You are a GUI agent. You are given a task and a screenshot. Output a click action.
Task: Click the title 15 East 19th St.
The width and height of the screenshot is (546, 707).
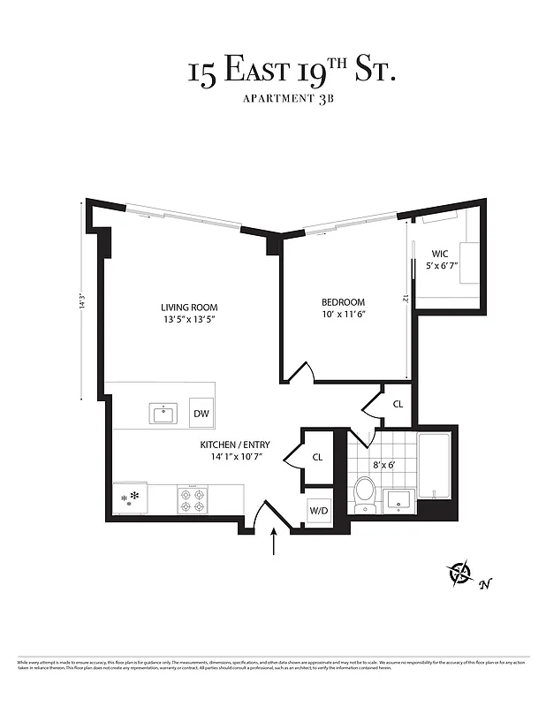pyautogui.click(x=291, y=70)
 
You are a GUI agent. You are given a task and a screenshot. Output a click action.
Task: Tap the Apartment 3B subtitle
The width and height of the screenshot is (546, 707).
pyautogui.click(x=291, y=99)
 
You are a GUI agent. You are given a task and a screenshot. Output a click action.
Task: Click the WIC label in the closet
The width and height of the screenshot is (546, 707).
pyautogui.click(x=439, y=253)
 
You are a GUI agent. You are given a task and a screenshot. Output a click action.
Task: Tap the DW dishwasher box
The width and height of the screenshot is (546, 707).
pyautogui.click(x=201, y=413)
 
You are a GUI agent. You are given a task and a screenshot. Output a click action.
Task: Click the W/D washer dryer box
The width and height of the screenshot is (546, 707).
pyautogui.click(x=318, y=510)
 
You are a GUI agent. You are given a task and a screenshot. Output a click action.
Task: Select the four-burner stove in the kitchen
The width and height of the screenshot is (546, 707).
pyautogui.click(x=193, y=500)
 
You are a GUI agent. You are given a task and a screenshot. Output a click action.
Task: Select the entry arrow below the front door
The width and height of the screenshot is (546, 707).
pyautogui.click(x=275, y=541)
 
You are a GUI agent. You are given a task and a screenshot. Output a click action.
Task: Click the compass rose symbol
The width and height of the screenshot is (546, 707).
pyautogui.click(x=461, y=574)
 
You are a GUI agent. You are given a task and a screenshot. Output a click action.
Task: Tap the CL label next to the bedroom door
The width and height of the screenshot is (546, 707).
pyautogui.click(x=398, y=404)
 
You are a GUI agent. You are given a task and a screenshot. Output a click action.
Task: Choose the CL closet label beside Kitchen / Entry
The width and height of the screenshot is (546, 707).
pyautogui.click(x=317, y=457)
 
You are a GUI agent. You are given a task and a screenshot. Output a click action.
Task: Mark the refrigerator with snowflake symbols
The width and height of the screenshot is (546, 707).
pyautogui.click(x=130, y=498)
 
